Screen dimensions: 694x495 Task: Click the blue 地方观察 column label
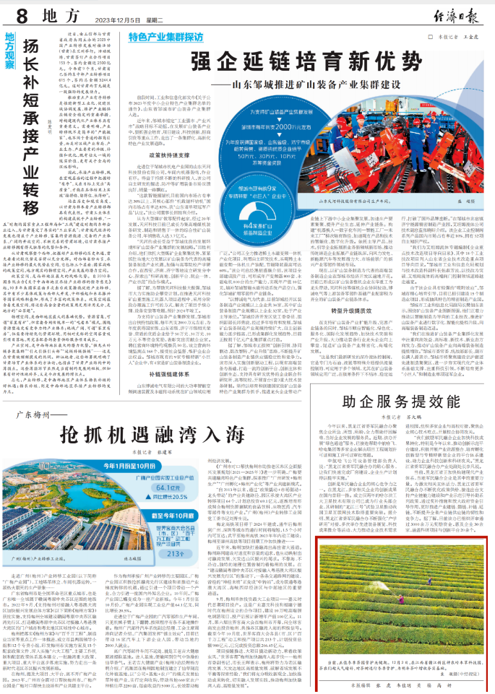pos(9,48)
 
